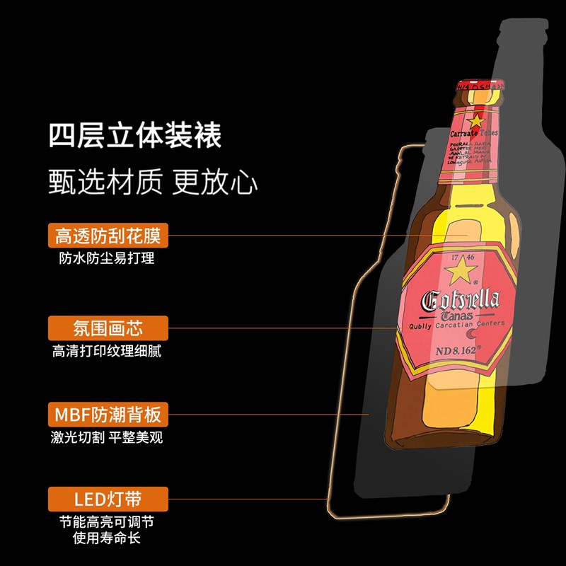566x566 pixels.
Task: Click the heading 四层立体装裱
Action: [135, 134]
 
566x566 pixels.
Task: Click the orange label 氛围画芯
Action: [108, 328]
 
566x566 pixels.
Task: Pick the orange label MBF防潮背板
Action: [108, 413]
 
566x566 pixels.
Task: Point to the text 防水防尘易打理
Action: [107, 258]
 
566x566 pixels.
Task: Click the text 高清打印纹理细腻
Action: [107, 351]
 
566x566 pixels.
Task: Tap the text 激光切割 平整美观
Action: [107, 437]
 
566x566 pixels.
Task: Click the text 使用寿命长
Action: [107, 540]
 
